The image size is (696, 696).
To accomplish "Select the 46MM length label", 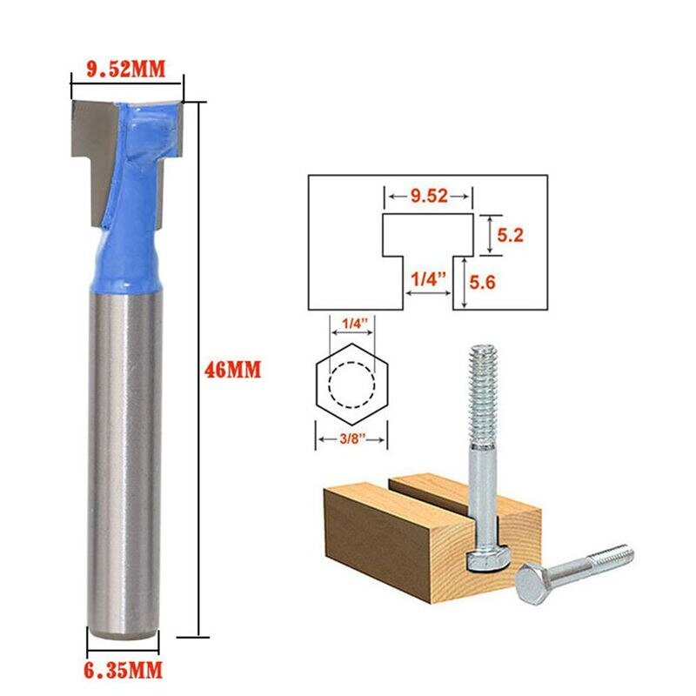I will click(232, 369).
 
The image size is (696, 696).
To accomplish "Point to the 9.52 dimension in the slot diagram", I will click(429, 197).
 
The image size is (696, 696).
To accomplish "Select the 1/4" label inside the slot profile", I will click(427, 280).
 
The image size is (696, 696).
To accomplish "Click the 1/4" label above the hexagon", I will click(351, 324).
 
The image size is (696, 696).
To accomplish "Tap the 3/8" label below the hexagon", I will click(351, 441).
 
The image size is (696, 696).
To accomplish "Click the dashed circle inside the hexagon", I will click(351, 383).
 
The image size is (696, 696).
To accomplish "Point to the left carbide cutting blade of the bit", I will click(88, 148).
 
